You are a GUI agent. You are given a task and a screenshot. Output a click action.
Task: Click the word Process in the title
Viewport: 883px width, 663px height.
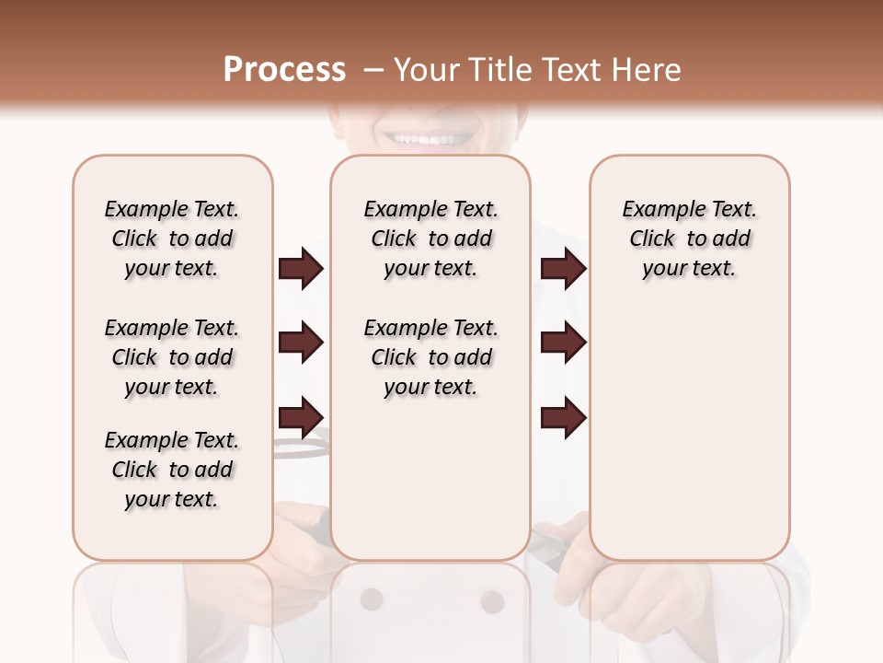tap(284, 69)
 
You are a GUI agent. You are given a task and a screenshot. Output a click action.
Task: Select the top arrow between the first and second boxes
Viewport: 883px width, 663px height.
tap(300, 269)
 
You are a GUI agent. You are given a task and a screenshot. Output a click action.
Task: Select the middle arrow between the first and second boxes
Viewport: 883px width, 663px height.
tap(300, 343)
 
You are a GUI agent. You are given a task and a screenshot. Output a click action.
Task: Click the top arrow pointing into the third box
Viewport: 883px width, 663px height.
tap(563, 269)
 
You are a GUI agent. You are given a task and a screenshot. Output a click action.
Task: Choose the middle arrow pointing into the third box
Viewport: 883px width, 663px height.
tap(563, 343)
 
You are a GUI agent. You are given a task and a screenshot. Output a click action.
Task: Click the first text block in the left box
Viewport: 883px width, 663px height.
tap(172, 238)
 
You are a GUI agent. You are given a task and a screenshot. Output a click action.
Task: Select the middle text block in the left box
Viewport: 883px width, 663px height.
tap(172, 357)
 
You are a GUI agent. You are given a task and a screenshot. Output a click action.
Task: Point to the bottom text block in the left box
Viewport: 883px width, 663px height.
tap(172, 470)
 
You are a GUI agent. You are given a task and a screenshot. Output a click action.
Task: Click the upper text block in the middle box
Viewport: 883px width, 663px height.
tap(431, 238)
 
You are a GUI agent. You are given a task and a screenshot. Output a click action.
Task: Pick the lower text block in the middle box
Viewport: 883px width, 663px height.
tap(431, 357)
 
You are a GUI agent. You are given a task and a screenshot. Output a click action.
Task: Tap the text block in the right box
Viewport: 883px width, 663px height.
tap(690, 238)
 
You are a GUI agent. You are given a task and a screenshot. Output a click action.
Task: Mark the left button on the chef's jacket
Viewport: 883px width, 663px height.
tap(372, 599)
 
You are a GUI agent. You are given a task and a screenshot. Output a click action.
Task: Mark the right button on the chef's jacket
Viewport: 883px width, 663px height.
tap(493, 601)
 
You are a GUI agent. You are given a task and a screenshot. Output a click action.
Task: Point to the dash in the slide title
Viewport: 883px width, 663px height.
tap(373, 70)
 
